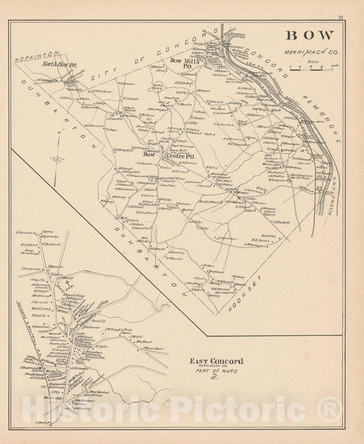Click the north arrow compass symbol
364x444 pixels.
(x=58, y=159)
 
